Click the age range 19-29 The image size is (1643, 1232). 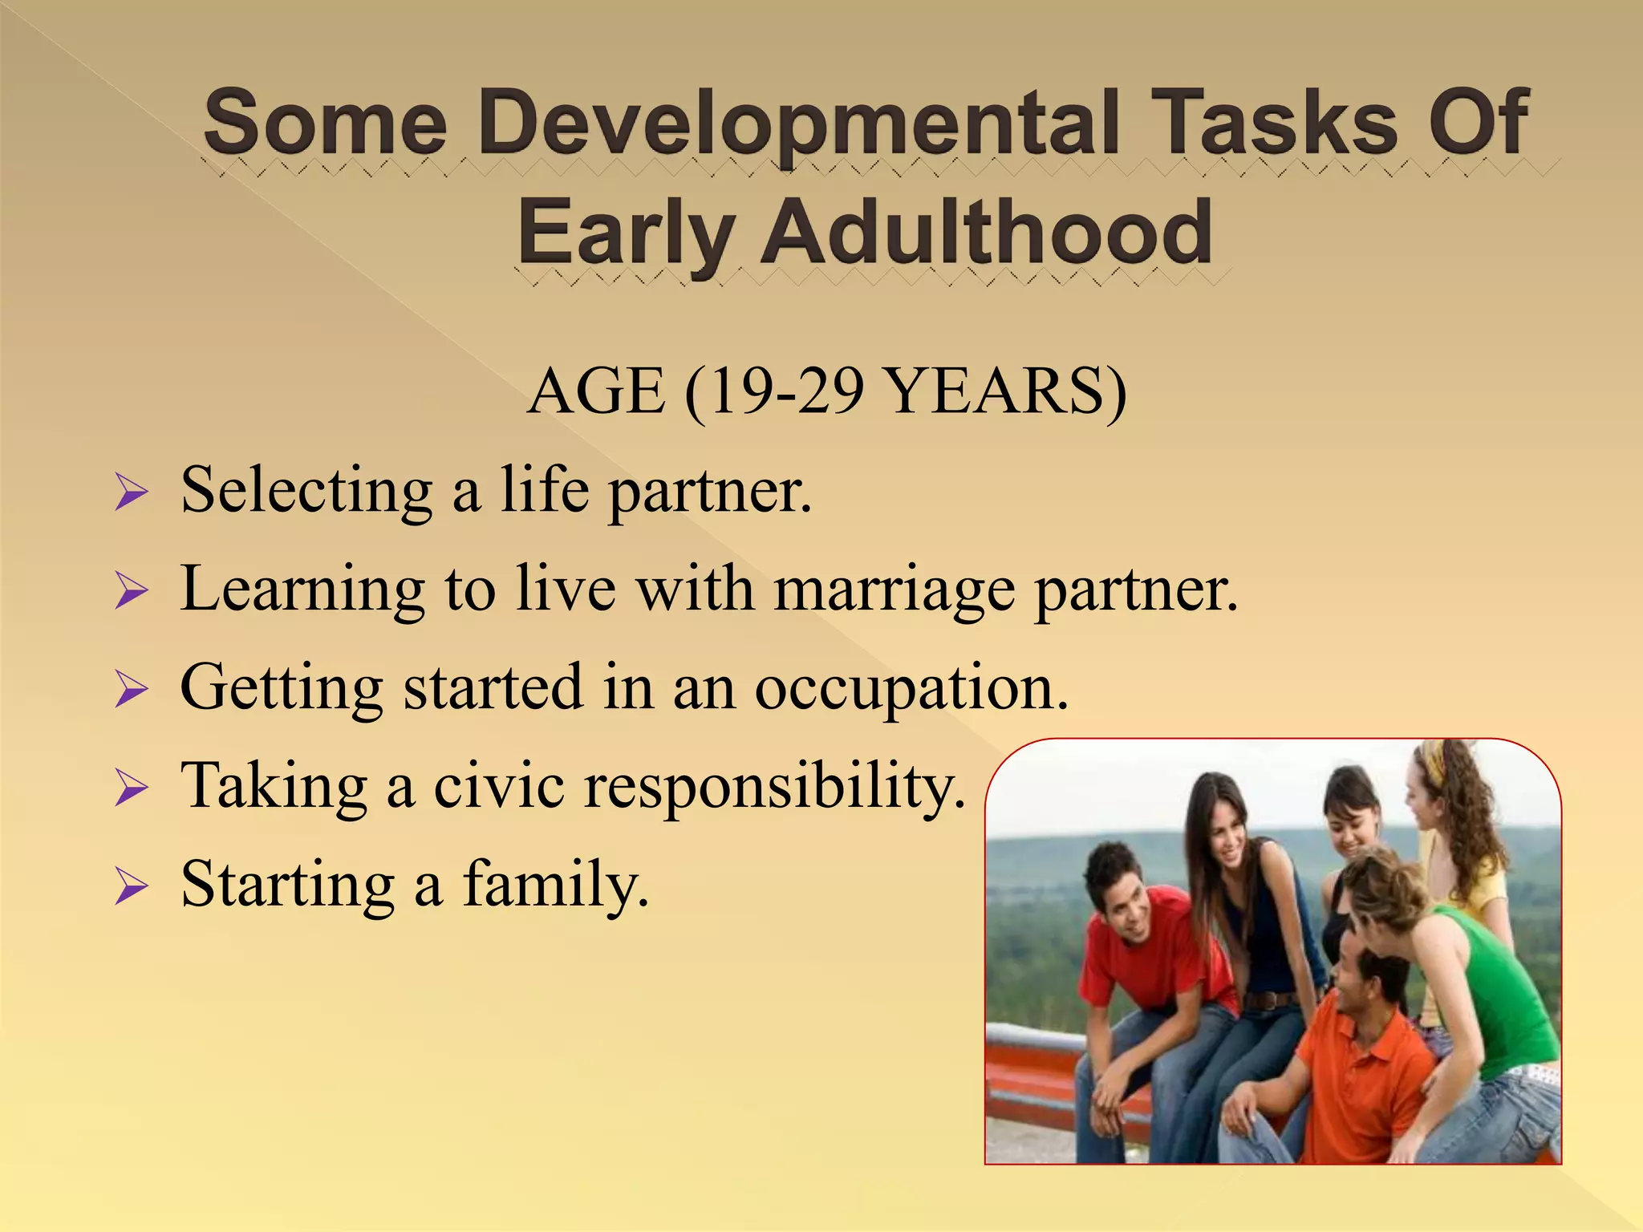(774, 391)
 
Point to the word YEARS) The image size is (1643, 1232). (1007, 391)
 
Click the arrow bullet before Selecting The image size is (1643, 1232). (131, 492)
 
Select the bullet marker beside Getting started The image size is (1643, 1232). (131, 689)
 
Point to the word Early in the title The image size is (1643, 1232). (625, 233)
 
